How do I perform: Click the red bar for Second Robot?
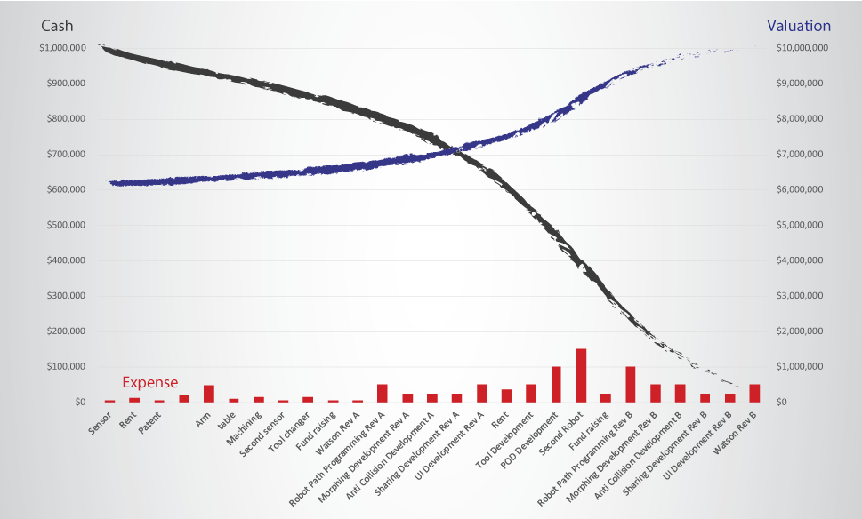click(x=581, y=375)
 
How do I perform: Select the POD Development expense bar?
click(x=556, y=384)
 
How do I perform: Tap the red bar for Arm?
click(x=209, y=393)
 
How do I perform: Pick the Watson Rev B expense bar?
click(x=754, y=393)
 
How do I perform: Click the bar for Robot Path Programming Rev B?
click(x=631, y=384)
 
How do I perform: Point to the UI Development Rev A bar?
click(x=481, y=393)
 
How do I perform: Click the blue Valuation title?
click(x=799, y=26)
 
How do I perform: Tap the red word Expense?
click(x=149, y=383)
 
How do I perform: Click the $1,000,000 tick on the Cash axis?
click(x=62, y=48)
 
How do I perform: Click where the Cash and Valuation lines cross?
click(x=455, y=151)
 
